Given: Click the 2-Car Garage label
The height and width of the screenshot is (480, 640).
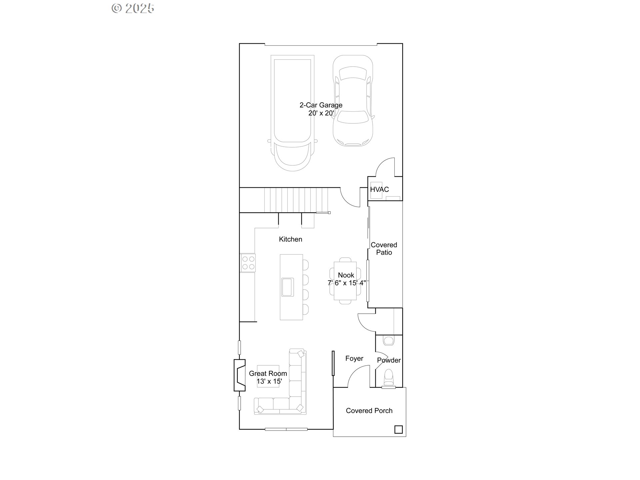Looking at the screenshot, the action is click(321, 105).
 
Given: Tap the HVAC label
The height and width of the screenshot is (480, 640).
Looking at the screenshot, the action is click(380, 189).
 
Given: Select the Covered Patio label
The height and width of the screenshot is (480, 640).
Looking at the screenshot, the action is click(384, 249).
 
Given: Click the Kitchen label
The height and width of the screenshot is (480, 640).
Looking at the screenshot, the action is click(291, 239).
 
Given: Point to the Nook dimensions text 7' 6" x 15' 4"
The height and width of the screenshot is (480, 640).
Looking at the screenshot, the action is click(347, 283).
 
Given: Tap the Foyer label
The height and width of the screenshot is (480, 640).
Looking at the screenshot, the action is click(354, 359).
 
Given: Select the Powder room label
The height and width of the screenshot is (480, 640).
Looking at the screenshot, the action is click(389, 360).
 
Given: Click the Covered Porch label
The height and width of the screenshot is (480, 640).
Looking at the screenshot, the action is click(369, 411).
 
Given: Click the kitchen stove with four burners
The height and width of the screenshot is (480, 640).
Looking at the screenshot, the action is click(248, 263).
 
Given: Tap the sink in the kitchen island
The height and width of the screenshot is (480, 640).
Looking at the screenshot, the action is click(287, 287).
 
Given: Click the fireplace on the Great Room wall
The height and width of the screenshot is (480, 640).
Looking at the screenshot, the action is click(240, 375).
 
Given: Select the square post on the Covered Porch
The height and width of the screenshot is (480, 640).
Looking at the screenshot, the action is click(398, 429).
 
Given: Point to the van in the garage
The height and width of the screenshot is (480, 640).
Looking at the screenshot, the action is click(292, 113).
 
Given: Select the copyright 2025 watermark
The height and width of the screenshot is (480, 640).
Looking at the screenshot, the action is click(133, 8).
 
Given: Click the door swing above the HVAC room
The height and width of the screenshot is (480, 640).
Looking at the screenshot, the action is click(385, 167).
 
